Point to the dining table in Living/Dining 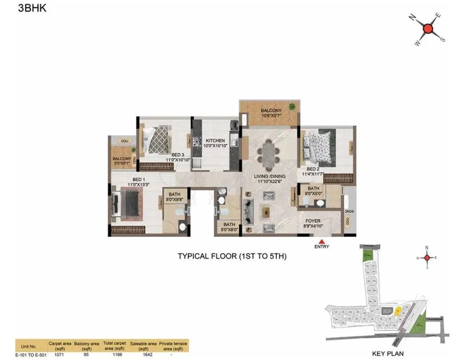coord(269,154)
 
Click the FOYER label coord(313,220)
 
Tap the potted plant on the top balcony coord(292,106)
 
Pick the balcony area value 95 coord(87,355)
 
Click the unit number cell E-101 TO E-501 coord(31,355)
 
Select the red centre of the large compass coord(428,29)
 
